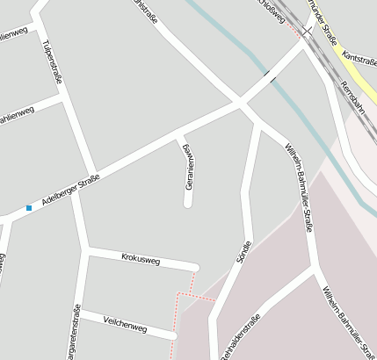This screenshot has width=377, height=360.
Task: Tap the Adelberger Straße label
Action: point(71,191)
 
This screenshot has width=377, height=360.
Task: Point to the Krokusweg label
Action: point(141,259)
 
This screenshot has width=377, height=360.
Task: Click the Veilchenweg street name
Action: point(126,323)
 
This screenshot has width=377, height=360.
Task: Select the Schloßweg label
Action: point(269,8)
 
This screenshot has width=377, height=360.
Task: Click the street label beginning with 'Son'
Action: point(244,252)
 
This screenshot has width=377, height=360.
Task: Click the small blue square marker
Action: point(29,208)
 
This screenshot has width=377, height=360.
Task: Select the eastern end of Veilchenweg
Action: point(173,335)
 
